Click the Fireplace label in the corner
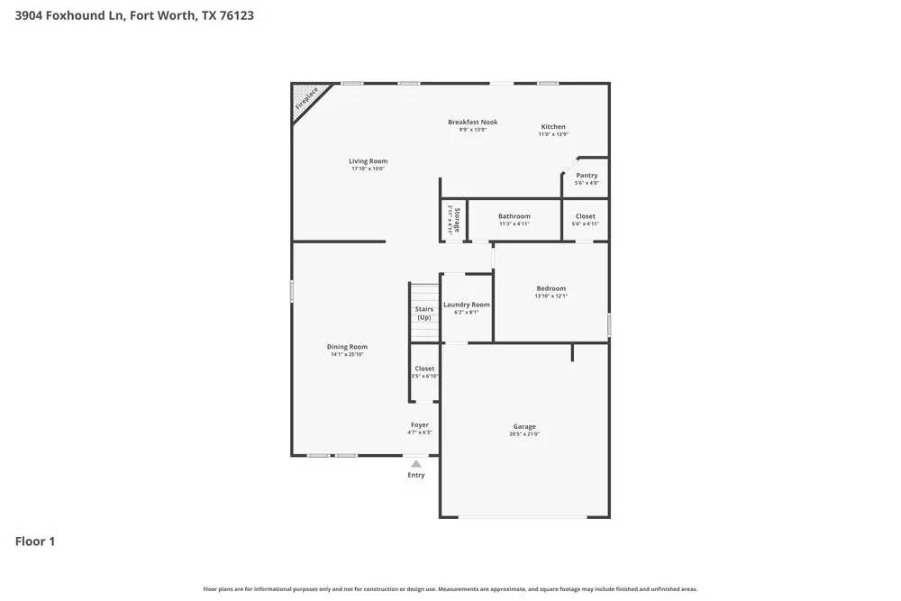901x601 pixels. click(x=307, y=97)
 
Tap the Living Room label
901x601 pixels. click(x=368, y=161)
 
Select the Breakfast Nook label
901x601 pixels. click(x=472, y=122)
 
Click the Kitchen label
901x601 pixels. click(x=553, y=127)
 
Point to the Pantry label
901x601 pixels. click(x=587, y=176)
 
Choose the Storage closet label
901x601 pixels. click(x=456, y=220)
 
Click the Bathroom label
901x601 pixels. click(x=514, y=216)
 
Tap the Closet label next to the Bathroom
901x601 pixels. click(x=586, y=216)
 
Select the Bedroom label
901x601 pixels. click(x=551, y=288)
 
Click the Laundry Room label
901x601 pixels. click(x=467, y=305)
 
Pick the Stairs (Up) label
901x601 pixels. click(x=423, y=313)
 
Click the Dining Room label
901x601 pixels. click(x=347, y=347)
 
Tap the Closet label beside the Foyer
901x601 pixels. click(x=424, y=369)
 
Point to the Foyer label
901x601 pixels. click(x=420, y=424)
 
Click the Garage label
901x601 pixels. click(x=524, y=426)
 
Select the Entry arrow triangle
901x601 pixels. click(x=416, y=464)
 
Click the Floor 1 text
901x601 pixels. click(x=35, y=542)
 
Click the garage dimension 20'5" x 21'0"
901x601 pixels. click(x=524, y=434)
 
